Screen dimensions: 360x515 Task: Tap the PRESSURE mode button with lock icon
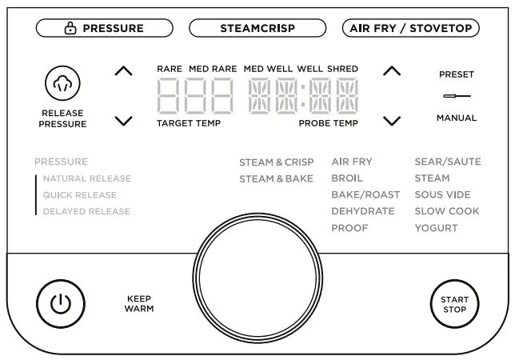[x=105, y=28]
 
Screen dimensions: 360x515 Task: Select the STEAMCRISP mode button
[x=257, y=28]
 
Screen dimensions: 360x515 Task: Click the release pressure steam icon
[x=62, y=82]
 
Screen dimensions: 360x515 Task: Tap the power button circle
[x=55, y=304]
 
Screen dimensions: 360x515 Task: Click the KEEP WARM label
[x=139, y=304]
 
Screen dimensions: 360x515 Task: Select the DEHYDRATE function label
[x=363, y=211]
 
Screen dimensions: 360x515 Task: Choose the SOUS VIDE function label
[x=442, y=194]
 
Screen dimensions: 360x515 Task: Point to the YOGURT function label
[x=436, y=228]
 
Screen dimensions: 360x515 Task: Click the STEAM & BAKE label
[x=276, y=178]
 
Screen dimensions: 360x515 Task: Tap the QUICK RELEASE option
[x=80, y=195]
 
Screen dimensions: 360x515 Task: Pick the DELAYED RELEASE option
[x=86, y=212]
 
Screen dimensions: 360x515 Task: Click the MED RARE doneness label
[x=213, y=70]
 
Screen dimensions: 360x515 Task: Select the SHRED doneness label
[x=343, y=70]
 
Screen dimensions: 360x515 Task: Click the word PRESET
[x=457, y=75]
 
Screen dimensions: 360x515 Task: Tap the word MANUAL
[x=457, y=118]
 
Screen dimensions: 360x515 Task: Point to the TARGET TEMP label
[x=189, y=124]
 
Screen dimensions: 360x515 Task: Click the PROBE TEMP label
[x=329, y=124]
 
